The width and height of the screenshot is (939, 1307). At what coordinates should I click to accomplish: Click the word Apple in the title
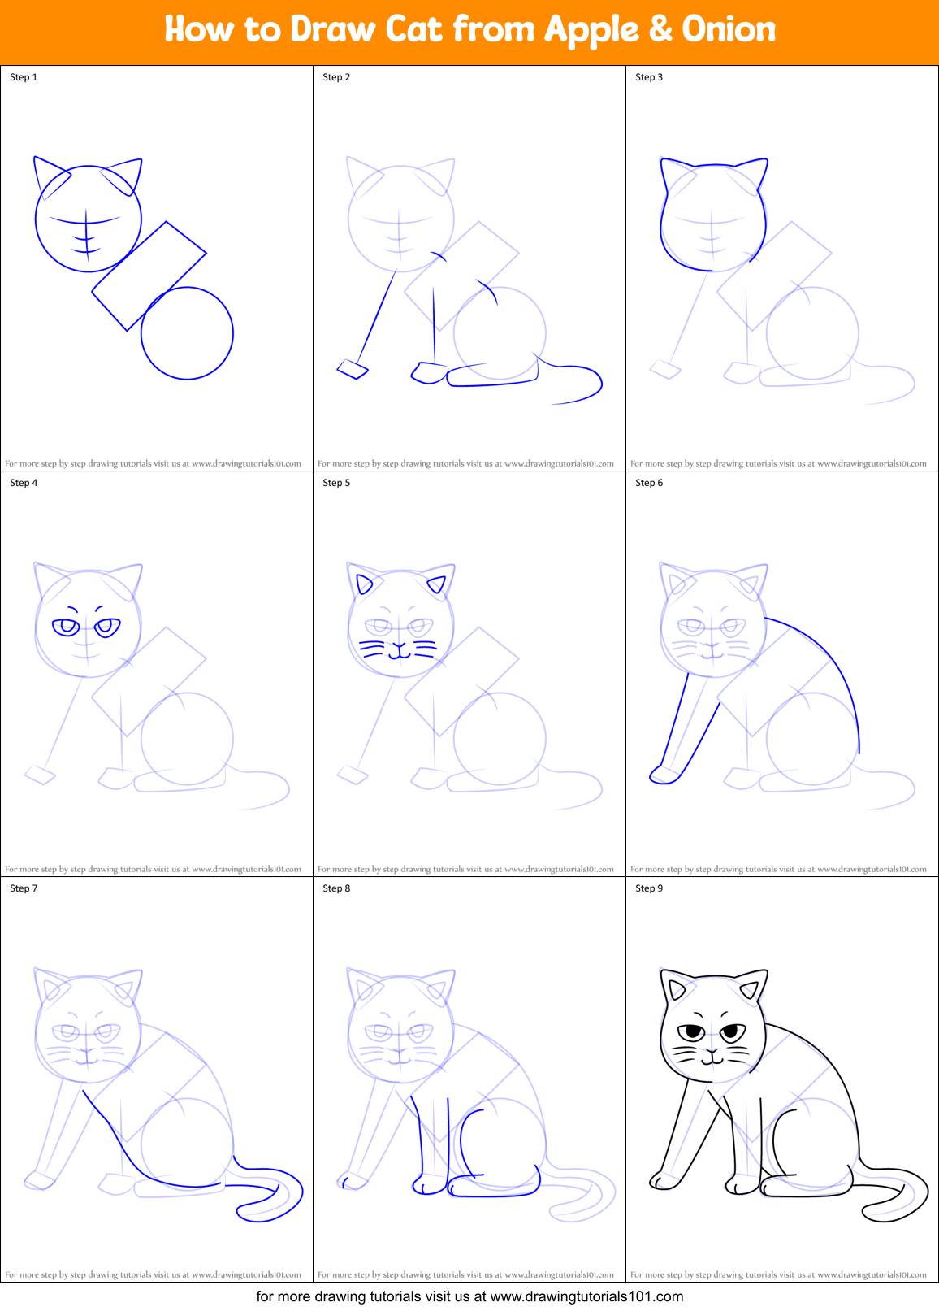click(x=592, y=31)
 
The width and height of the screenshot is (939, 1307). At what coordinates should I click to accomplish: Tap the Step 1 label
click(x=24, y=77)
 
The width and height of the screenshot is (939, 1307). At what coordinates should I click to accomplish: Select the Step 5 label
click(x=336, y=483)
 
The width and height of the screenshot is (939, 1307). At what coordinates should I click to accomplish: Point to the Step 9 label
click(x=649, y=888)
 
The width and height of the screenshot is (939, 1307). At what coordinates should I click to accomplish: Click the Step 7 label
click(x=24, y=888)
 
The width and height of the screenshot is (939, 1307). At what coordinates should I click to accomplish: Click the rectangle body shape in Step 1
click(x=149, y=276)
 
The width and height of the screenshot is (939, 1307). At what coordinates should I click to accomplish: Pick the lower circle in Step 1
click(x=188, y=333)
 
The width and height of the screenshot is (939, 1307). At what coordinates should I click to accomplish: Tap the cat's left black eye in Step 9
click(x=693, y=1032)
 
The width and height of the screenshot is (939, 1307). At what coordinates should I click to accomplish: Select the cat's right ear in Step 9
click(x=751, y=986)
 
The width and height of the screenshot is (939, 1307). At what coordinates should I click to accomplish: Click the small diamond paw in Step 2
click(x=353, y=370)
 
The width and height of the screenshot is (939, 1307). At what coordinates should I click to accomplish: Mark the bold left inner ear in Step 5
click(x=364, y=583)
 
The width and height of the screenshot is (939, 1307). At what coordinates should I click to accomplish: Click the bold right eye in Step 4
click(x=107, y=627)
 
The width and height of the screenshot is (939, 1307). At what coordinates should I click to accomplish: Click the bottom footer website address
click(x=586, y=1296)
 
